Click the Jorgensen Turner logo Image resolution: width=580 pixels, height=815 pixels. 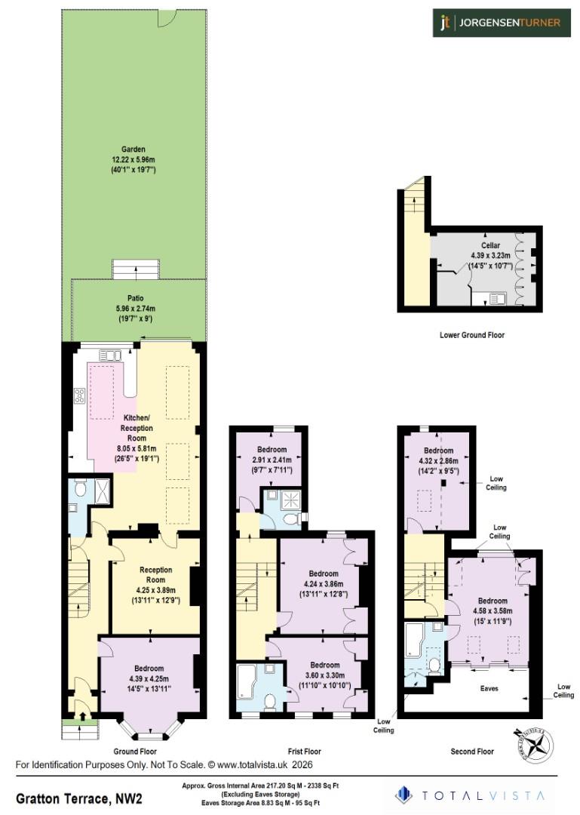tap(499, 23)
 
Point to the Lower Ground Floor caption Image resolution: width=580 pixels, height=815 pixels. tap(471, 334)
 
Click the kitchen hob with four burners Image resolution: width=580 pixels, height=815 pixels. tap(78, 396)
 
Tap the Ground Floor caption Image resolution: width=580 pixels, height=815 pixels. tap(136, 752)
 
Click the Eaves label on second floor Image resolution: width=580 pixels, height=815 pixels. tap(489, 688)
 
